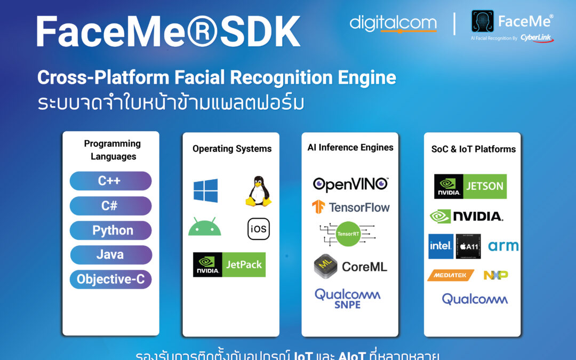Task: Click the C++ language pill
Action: tap(110, 181)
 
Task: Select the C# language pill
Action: tap(110, 206)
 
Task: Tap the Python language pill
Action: tap(110, 230)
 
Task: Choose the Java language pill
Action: tap(110, 255)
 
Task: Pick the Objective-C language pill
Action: tap(110, 279)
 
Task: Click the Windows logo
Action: tap(205, 190)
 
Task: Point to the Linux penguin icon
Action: tap(258, 192)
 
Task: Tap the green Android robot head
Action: tap(204, 228)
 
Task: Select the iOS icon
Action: tap(259, 229)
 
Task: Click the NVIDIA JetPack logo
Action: tap(229, 265)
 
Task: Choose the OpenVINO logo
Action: tap(350, 185)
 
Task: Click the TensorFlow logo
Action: tap(350, 207)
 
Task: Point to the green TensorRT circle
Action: tap(348, 234)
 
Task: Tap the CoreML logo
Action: tap(350, 267)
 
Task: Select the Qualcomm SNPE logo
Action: tap(347, 298)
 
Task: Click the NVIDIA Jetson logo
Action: tap(470, 186)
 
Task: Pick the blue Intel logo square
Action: tap(441, 246)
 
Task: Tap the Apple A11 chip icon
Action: tap(468, 246)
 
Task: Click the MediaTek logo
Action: tap(450, 275)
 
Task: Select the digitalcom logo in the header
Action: tap(393, 23)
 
